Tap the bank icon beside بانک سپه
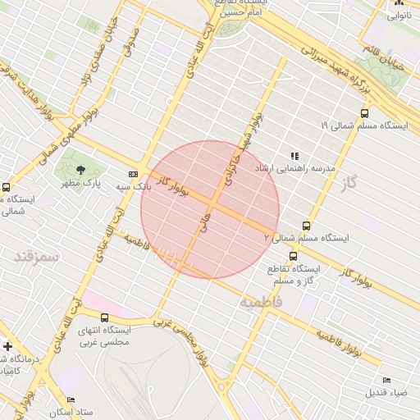(x=133, y=173)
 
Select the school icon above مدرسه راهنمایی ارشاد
(x=294, y=156)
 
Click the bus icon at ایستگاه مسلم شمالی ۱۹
(x=364, y=113)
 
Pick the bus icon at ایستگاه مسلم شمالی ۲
(x=307, y=226)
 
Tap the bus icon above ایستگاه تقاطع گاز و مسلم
(x=294, y=256)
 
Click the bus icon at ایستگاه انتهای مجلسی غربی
(x=103, y=317)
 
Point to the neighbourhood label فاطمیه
(x=261, y=302)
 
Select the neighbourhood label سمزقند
(x=37, y=257)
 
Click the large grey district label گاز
(x=350, y=182)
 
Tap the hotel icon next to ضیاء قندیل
(x=386, y=380)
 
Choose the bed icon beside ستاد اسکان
(x=71, y=399)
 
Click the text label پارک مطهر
(x=80, y=185)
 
